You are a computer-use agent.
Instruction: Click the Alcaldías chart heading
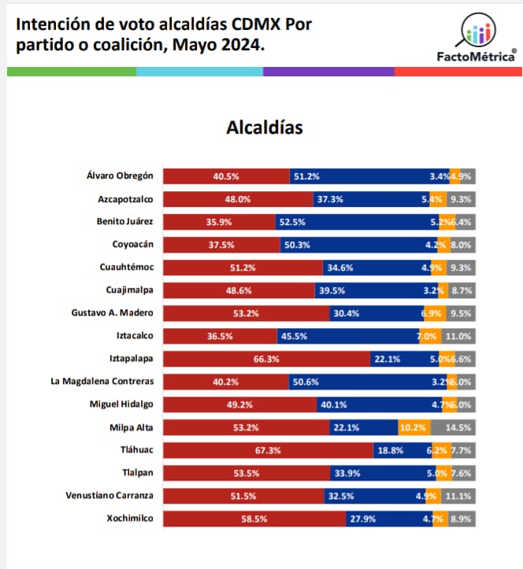[264, 127]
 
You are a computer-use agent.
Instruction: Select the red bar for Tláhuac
[268, 450]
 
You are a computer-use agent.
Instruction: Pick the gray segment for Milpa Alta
[453, 427]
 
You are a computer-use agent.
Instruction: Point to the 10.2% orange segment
[414, 427]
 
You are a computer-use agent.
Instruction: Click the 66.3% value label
[267, 359]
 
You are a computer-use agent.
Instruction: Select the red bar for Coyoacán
[221, 245]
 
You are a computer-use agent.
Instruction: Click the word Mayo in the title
[205, 46]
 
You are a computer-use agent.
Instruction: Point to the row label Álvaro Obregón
[121, 176]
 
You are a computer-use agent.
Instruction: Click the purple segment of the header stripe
[328, 72]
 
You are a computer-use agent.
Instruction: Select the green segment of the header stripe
[71, 72]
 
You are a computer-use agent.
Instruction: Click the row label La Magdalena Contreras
[102, 382]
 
